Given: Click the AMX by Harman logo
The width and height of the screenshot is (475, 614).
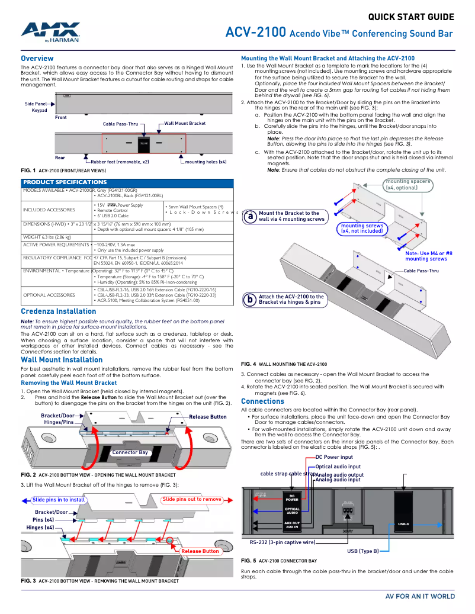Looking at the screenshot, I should [x=51, y=32].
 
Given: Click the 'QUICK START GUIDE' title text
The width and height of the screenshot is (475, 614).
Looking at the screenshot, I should [x=411, y=17].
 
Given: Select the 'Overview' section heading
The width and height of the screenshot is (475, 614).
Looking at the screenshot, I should [x=37, y=59].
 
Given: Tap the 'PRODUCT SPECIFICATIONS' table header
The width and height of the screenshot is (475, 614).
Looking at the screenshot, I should [x=65, y=182].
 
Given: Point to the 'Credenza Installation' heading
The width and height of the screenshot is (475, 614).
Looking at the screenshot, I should [x=58, y=311].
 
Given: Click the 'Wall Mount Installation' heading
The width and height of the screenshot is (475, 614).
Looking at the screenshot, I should [x=62, y=359].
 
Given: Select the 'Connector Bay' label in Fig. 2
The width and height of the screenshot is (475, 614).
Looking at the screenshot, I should [x=130, y=452].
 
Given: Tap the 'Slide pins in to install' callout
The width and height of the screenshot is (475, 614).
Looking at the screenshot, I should [x=59, y=500].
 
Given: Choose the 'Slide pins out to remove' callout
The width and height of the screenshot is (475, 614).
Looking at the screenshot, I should [x=192, y=499].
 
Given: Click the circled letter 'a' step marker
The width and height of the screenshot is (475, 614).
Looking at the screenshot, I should [x=251, y=217].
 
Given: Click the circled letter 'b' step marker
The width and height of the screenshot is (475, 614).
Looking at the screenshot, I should [x=251, y=300].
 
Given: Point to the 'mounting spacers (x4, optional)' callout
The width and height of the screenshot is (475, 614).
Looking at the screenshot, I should [x=408, y=184].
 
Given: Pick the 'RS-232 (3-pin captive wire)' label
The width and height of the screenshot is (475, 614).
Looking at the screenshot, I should [x=282, y=542].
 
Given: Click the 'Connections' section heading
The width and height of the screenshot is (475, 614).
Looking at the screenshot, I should [x=262, y=401].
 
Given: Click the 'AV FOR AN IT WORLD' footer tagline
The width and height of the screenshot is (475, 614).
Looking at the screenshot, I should [x=420, y=596].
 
